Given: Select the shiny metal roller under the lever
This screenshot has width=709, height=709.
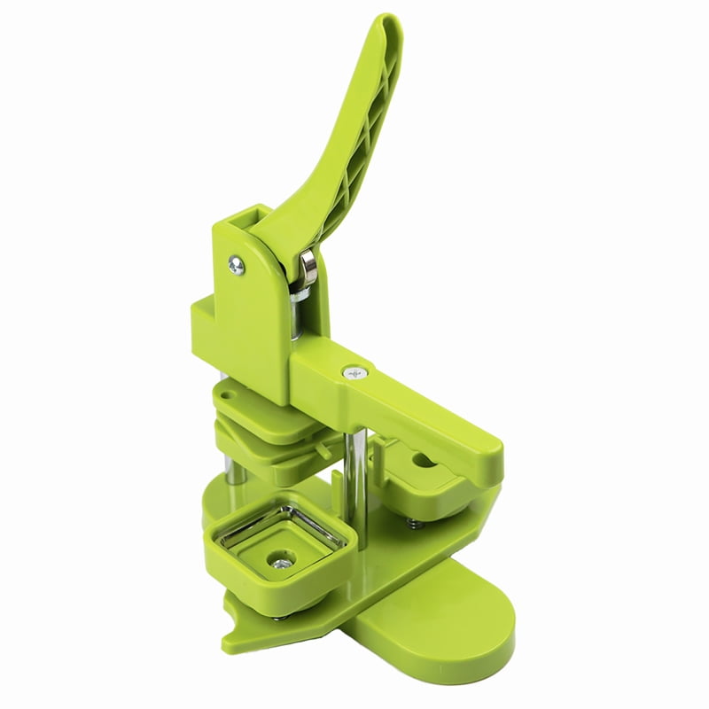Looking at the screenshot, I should [308, 267].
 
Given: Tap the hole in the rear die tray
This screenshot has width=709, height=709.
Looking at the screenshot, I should [421, 462].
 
